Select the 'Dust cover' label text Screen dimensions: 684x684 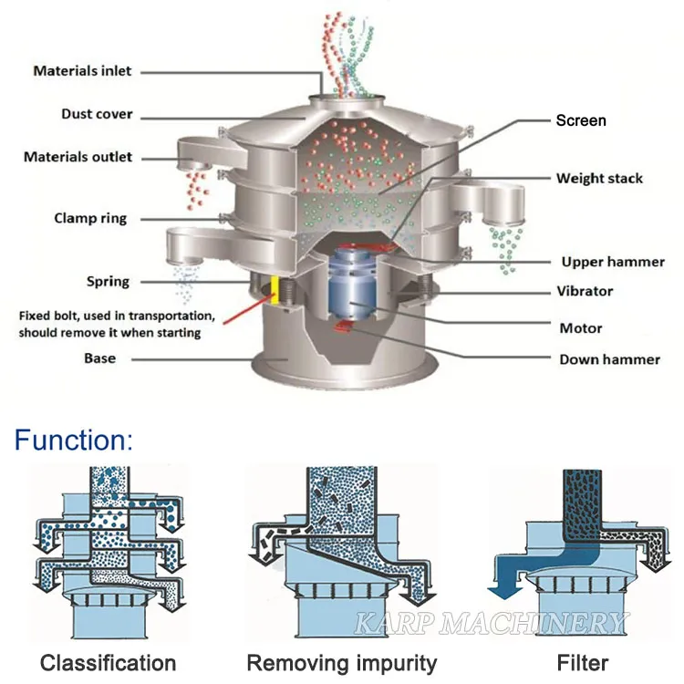pos(97,114)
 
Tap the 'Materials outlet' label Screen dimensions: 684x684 pos(78,157)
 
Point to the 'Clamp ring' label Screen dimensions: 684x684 pos(90,218)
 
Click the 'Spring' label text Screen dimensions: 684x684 pos(108,281)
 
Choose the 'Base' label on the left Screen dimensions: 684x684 pos(99,358)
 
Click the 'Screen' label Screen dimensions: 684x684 pos(581,120)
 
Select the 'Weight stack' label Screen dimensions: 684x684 pos(599,178)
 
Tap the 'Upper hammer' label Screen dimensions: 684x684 pos(613,262)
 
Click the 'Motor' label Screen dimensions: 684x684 pos(580,327)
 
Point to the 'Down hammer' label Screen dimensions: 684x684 pos(609,359)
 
